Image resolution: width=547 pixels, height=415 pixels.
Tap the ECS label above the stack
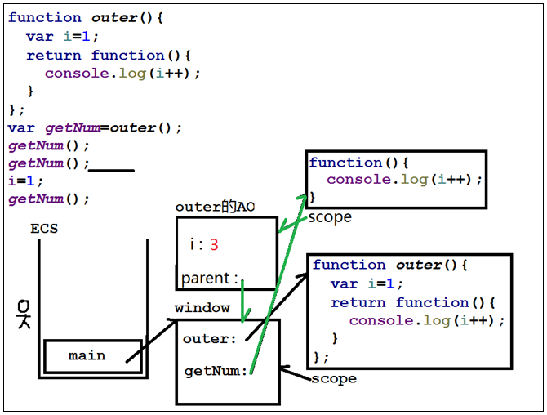[44, 229]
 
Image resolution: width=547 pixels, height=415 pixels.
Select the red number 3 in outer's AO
[214, 244]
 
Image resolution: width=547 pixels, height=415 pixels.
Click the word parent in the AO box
[206, 279]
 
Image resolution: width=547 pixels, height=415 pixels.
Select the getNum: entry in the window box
[216, 371]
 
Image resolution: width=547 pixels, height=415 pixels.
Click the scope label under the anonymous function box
[330, 217]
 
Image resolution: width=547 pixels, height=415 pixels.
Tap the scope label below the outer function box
[334, 379]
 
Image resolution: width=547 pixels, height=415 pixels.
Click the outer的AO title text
[215, 207]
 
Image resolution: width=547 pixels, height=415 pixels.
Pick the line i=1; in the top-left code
[25, 181]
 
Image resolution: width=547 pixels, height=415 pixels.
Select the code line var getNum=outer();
[96, 127]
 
